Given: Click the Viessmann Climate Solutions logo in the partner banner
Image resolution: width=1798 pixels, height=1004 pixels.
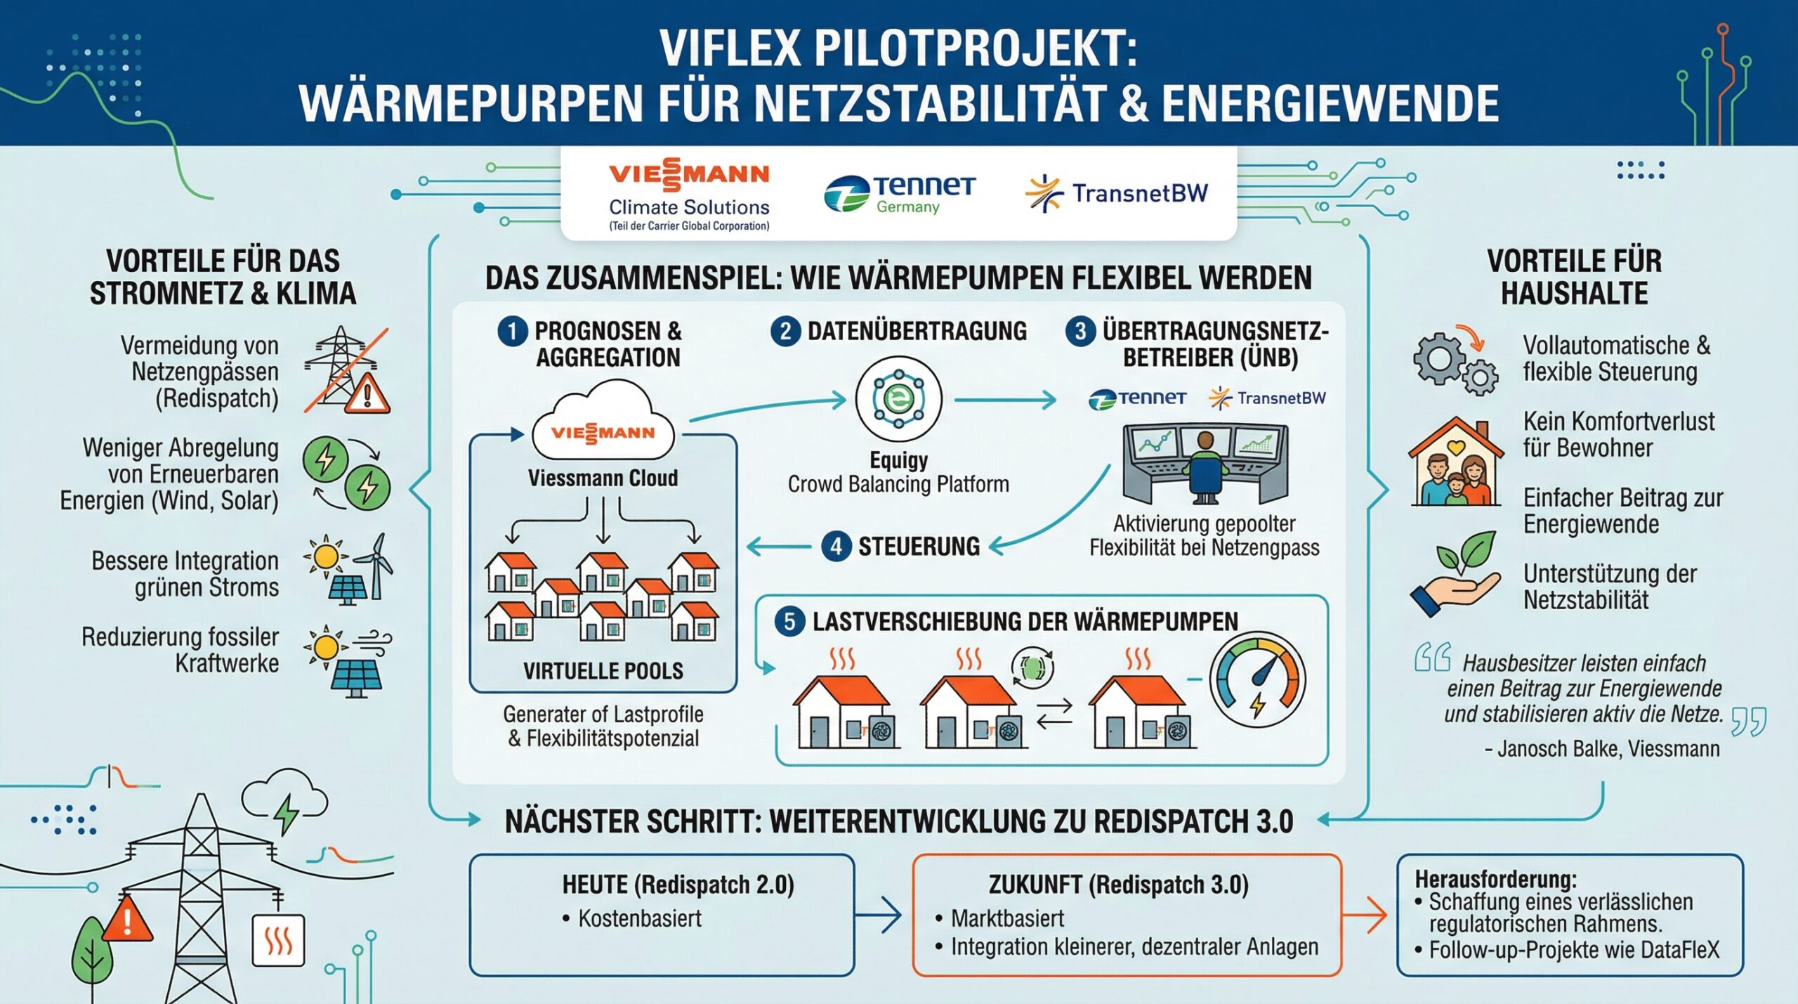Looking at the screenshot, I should click(x=689, y=194).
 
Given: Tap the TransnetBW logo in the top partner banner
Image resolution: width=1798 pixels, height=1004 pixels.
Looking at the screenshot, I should click(x=1117, y=193).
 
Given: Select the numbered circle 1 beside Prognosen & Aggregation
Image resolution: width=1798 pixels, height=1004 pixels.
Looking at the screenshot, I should click(x=512, y=331).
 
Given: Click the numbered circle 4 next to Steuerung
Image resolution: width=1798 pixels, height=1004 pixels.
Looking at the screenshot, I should click(x=836, y=547).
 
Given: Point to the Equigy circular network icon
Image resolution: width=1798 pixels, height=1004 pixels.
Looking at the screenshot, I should click(x=898, y=399).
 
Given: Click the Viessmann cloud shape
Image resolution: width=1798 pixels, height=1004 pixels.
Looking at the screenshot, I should click(x=603, y=422).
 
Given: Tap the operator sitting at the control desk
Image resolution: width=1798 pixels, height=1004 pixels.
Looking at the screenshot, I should click(x=1204, y=467).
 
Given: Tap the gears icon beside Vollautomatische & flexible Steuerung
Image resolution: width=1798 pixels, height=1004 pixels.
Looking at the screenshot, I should click(x=1455, y=363).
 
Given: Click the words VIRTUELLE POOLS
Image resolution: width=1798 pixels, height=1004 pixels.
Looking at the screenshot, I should click(x=603, y=671).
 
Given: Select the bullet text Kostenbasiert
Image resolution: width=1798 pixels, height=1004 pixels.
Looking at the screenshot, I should click(x=640, y=918).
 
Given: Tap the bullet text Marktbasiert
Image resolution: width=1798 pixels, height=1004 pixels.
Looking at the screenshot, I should click(x=1007, y=918).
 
